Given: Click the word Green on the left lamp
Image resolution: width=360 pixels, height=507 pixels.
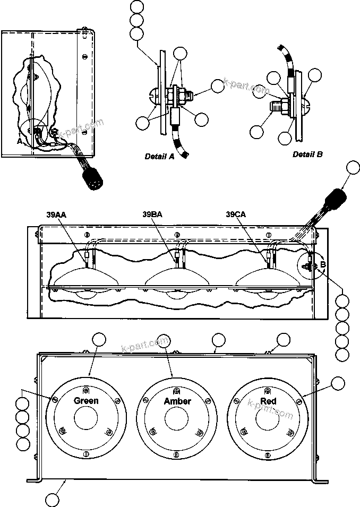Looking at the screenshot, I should pos(85,401).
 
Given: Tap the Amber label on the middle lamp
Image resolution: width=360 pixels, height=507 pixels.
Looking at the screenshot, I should pos(177,401).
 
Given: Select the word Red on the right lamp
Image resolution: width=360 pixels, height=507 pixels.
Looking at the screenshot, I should pos(268,401).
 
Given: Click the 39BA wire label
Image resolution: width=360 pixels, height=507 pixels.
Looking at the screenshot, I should pos(153,214).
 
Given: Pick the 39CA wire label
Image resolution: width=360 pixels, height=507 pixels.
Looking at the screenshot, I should pos(236,214).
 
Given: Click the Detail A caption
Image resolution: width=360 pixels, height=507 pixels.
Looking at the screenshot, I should pos(159,157).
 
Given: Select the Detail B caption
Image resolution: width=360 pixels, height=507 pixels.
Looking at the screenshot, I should pos(307,154).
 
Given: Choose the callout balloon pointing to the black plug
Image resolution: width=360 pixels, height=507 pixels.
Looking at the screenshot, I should pos(353,168).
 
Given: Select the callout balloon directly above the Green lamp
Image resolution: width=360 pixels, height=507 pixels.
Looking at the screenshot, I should pos(99,340).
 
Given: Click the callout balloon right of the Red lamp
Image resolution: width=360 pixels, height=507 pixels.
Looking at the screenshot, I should pos(337,383).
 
